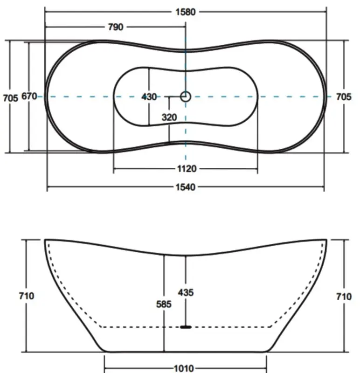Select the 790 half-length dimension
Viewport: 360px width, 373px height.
115,27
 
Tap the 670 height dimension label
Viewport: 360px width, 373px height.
29,97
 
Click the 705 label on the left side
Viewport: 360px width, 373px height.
10,97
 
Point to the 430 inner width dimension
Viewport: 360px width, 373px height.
149,97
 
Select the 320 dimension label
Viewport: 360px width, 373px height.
169,117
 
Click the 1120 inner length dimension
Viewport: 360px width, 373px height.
186,169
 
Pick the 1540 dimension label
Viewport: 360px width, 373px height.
186,187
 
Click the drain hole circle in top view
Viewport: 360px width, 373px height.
186,97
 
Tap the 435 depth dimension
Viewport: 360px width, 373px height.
186,293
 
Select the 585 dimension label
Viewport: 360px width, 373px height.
164,304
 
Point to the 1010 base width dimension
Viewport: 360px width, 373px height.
184,368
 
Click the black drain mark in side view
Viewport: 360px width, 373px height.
186,327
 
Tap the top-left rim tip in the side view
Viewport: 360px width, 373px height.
45,240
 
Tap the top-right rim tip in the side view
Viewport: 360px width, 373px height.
326,240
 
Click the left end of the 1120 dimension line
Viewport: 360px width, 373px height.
114,169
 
